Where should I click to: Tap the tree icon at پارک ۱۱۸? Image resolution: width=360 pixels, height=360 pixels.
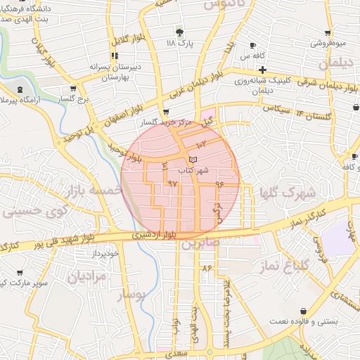pos(179,32)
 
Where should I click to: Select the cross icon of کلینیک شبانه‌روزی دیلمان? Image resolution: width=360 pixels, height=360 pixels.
pos(262,70)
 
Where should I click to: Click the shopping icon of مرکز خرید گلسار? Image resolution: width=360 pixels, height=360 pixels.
pos(166,112)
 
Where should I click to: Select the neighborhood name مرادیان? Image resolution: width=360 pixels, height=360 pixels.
pos(89,276)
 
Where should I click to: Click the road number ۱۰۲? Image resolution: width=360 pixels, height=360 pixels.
pos(201,144)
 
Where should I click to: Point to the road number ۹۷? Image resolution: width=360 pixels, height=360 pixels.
pos(173,184)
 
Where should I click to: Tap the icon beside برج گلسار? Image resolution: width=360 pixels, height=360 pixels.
pos(74,89)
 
